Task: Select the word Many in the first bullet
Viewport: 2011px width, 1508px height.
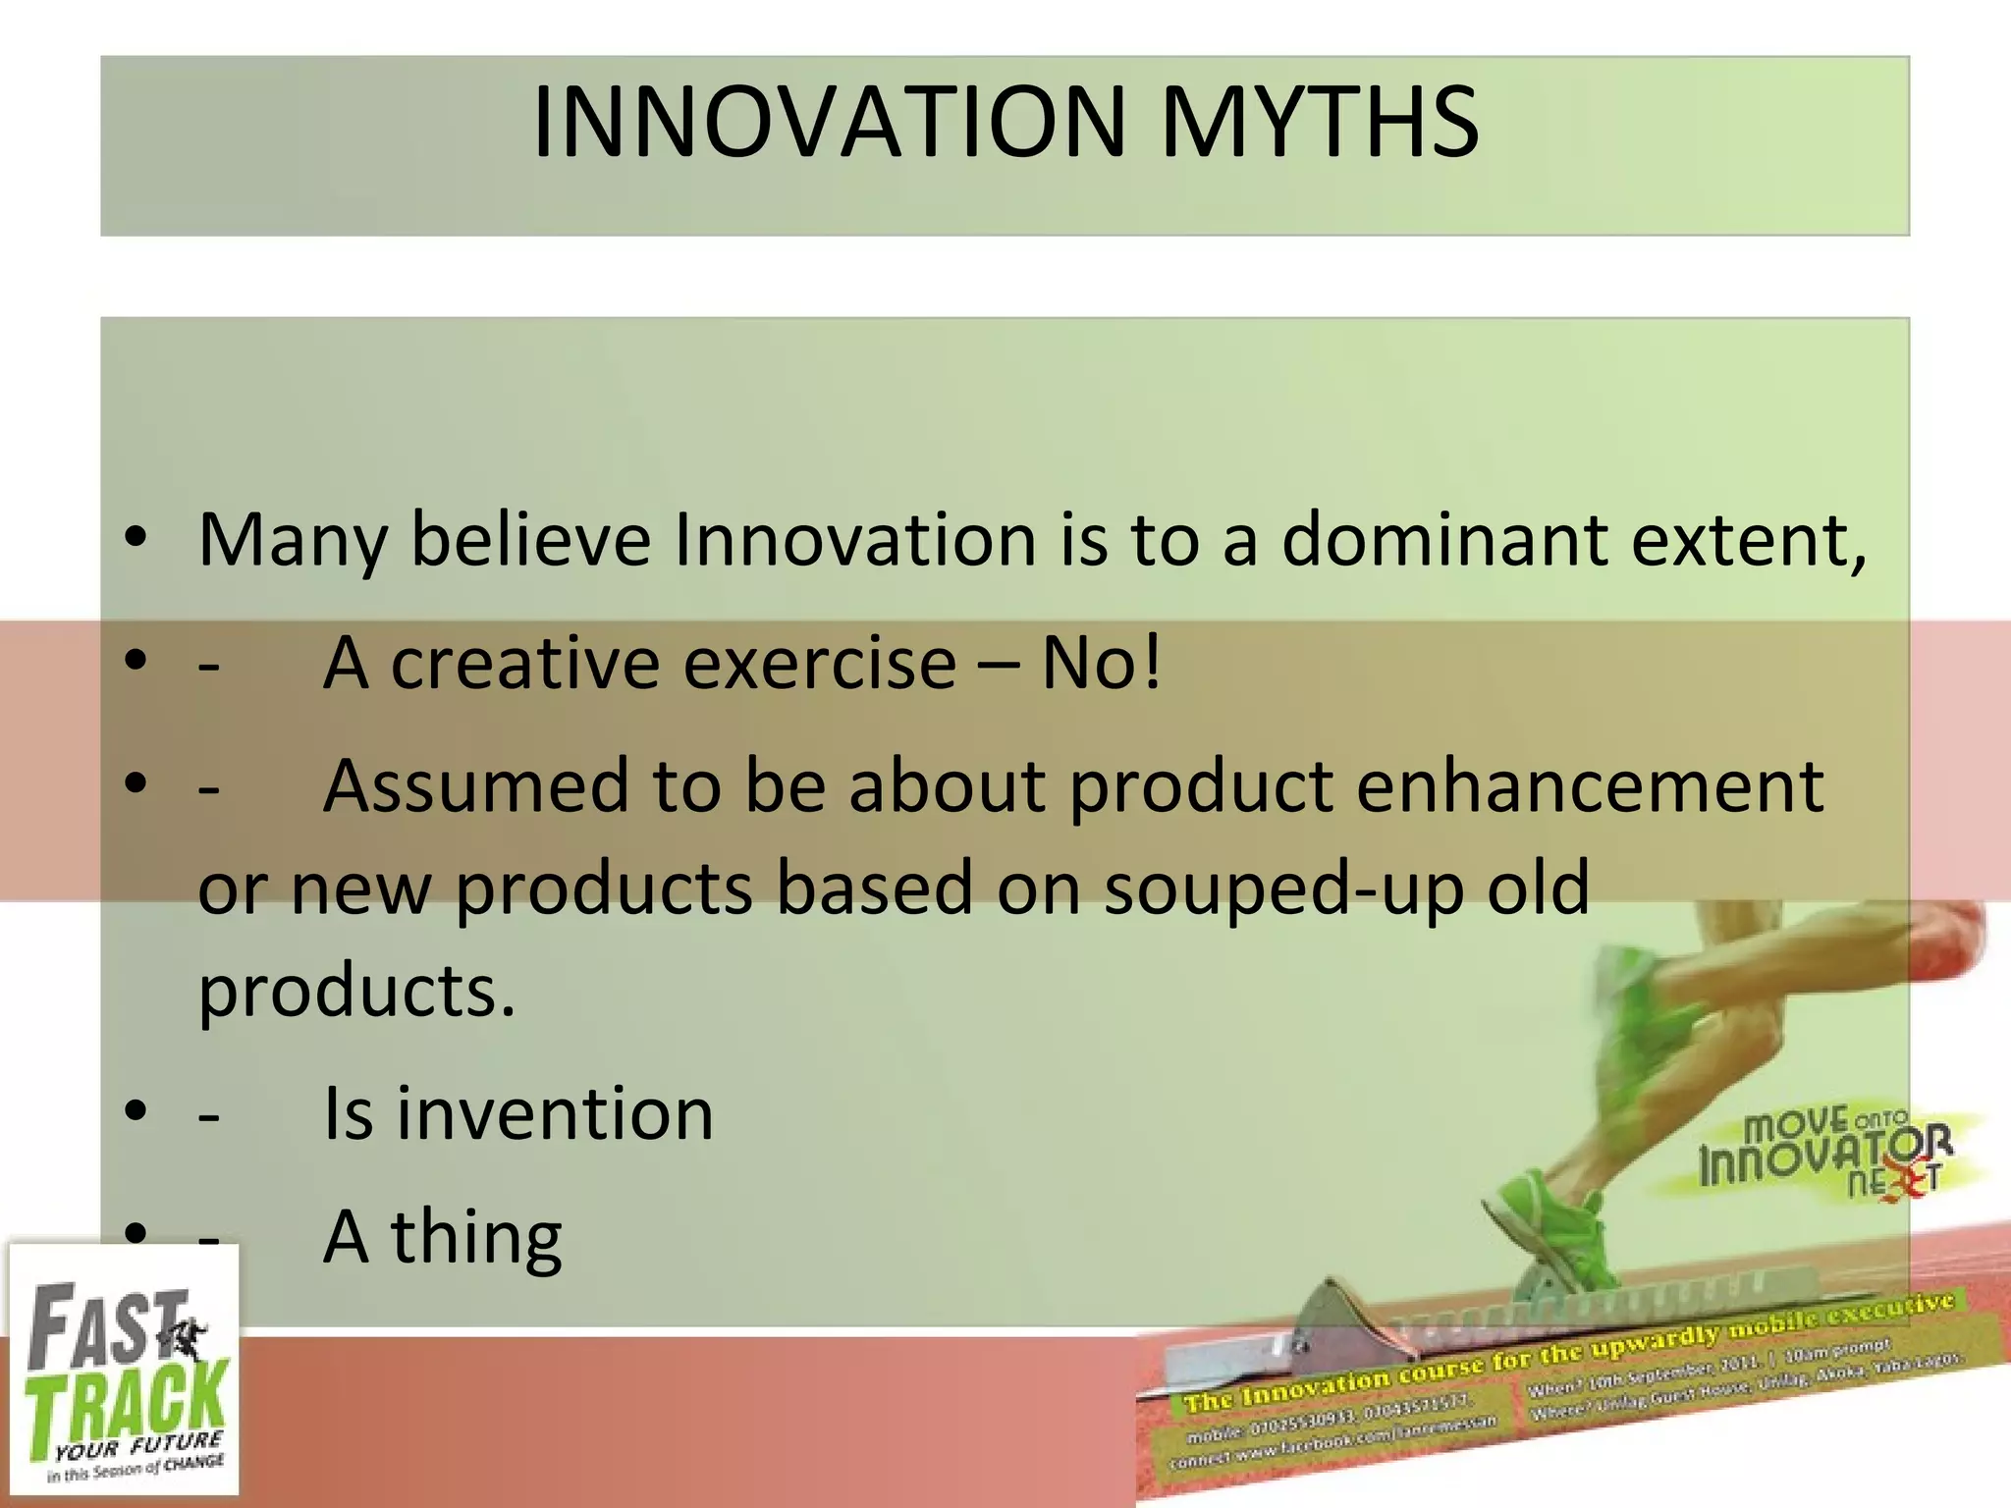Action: pyautogui.click(x=293, y=542)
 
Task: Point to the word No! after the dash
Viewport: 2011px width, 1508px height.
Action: pyautogui.click(x=1101, y=664)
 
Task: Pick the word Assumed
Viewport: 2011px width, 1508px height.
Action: pyautogui.click(x=476, y=786)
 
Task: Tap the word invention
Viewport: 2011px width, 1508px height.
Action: pyautogui.click(x=554, y=1114)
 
